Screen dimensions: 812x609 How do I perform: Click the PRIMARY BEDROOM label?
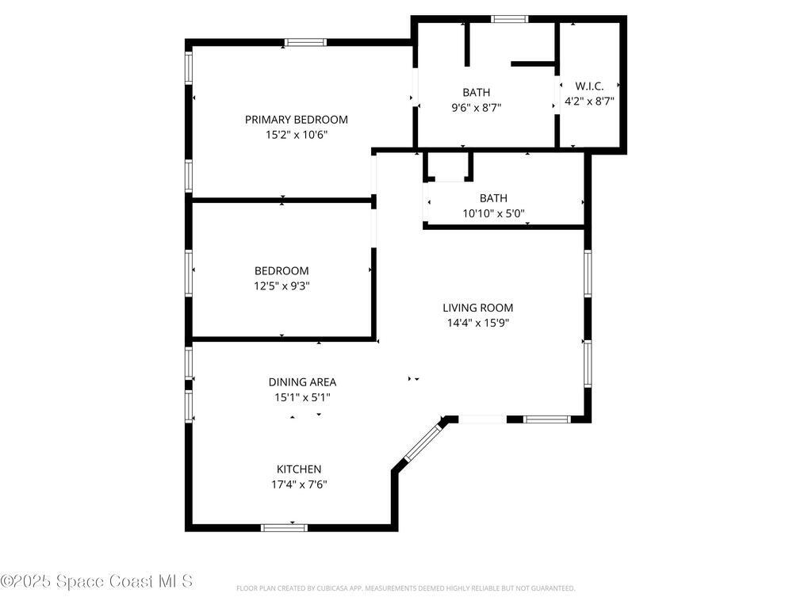click(x=297, y=120)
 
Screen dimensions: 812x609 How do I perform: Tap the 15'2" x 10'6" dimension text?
click(x=297, y=135)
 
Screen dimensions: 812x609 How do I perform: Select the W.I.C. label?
click(x=589, y=86)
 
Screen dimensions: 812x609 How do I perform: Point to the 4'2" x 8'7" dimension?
click(x=589, y=101)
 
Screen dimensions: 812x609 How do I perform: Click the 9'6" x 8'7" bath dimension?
click(x=477, y=108)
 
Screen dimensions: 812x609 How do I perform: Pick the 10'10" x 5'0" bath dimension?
click(x=493, y=213)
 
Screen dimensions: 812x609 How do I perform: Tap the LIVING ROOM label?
click(x=478, y=308)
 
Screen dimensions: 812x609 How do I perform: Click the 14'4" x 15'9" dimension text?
click(x=478, y=324)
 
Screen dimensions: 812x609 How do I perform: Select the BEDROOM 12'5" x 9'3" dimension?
click(x=282, y=285)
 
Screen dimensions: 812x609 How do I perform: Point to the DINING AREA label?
click(x=302, y=382)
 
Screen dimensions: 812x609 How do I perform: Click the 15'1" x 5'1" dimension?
click(x=302, y=398)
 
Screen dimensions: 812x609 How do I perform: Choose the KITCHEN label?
click(x=299, y=469)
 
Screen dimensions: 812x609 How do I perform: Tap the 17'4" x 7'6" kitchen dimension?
click(x=299, y=485)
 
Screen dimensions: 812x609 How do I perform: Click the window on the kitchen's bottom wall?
click(x=285, y=527)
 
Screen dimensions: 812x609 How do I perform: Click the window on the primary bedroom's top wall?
click(x=305, y=43)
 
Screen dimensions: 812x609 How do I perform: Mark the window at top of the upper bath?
click(x=510, y=19)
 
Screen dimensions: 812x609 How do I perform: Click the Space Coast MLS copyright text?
click(x=97, y=581)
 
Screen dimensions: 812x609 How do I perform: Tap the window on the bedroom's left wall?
click(x=189, y=274)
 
